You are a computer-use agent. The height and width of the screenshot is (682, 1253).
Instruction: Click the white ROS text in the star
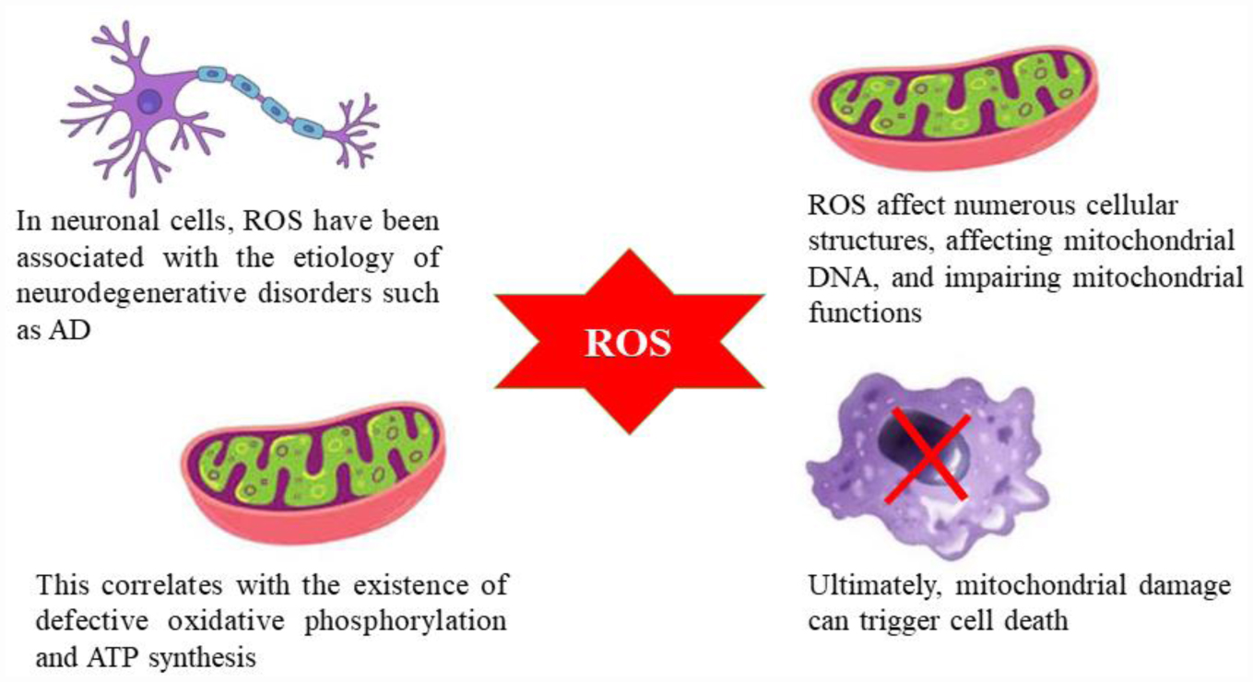pyautogui.click(x=629, y=343)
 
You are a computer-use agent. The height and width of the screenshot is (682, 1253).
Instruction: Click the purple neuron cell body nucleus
pyautogui.click(x=148, y=101)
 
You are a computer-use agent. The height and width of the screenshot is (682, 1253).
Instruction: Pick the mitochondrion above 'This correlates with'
pyautogui.click(x=313, y=468)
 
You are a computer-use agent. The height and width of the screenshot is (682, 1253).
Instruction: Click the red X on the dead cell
pyautogui.click(x=927, y=457)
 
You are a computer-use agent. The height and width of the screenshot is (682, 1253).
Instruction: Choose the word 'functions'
pyautogui.click(x=864, y=312)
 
